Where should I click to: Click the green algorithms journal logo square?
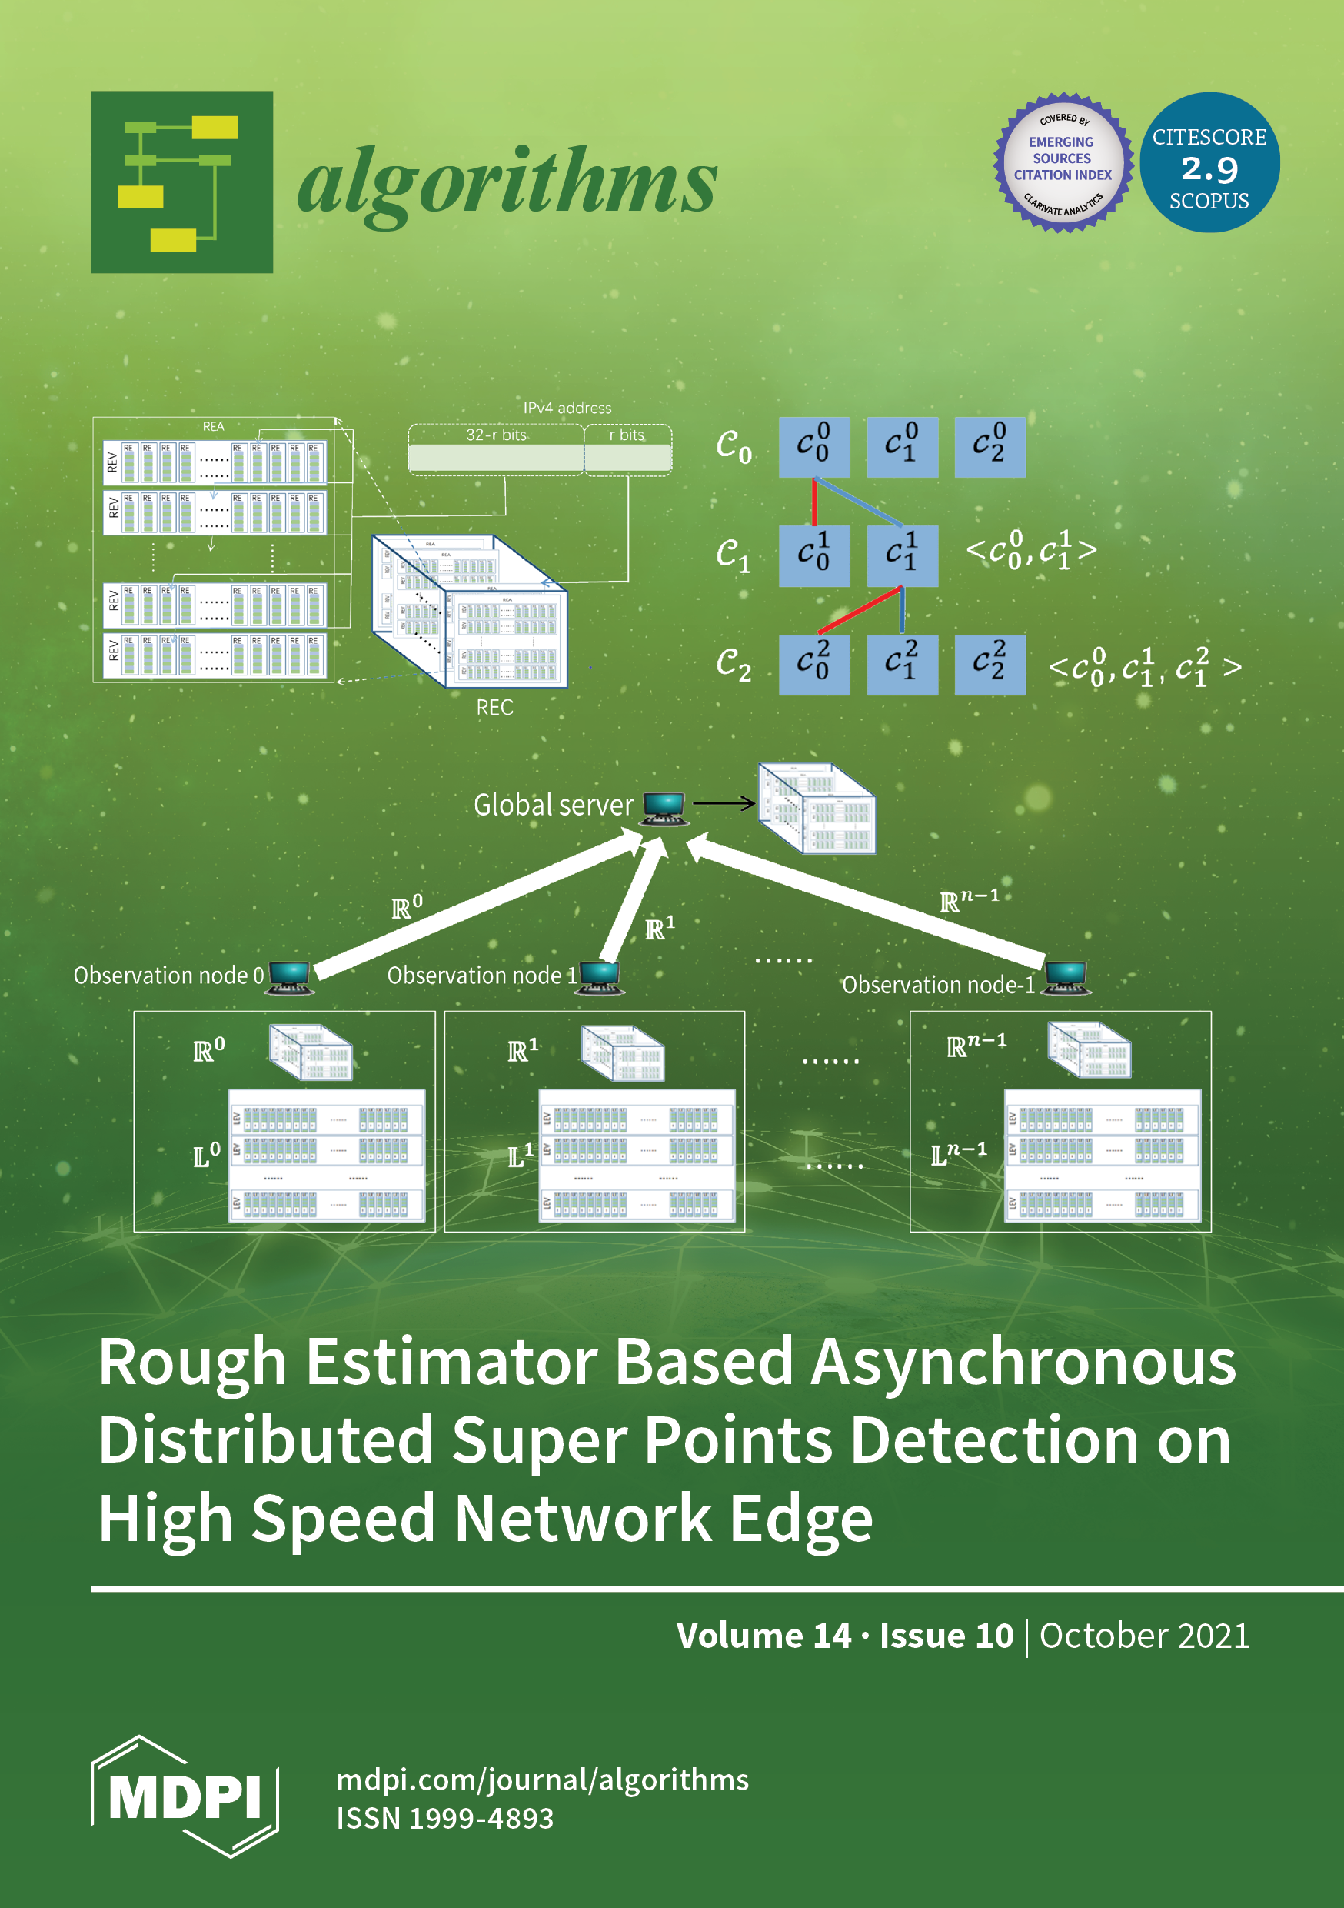[x=182, y=182]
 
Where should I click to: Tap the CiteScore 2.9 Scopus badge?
[x=1209, y=163]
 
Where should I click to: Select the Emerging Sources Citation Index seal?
[x=1063, y=163]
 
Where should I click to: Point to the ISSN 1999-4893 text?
[x=444, y=1817]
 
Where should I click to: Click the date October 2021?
[x=1144, y=1636]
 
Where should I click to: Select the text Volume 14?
[x=763, y=1636]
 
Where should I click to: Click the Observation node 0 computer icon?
[x=290, y=976]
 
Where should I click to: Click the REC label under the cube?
[x=494, y=707]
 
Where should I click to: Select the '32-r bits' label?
[x=496, y=435]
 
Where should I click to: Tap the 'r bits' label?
[x=627, y=435]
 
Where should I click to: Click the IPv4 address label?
[x=567, y=408]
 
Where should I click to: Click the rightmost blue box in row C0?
[x=990, y=447]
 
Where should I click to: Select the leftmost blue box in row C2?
[x=814, y=665]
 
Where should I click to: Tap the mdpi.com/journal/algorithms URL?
[x=542, y=1780]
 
